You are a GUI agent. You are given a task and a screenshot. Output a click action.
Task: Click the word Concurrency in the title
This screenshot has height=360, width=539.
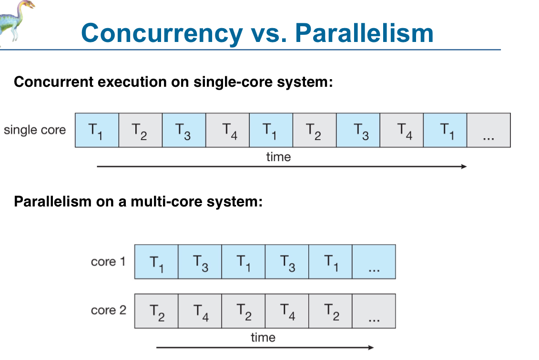(162, 33)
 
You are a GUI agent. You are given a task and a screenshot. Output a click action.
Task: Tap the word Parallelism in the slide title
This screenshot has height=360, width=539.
(365, 33)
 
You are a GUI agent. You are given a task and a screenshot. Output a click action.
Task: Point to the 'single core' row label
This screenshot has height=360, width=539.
(35, 130)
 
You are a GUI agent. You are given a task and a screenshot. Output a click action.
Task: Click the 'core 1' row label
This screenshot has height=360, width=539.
(108, 262)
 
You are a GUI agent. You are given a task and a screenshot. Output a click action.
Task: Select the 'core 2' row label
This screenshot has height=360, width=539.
(109, 310)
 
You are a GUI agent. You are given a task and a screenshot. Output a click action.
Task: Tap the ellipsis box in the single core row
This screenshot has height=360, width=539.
(488, 130)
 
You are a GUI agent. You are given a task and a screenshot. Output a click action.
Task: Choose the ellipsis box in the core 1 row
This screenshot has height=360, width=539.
(374, 262)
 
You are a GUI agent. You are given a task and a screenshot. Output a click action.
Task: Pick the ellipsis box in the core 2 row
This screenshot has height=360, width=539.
(374, 311)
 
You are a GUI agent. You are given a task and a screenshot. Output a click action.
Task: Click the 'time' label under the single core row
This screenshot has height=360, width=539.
(278, 157)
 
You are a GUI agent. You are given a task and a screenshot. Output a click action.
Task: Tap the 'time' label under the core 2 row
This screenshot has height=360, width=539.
(263, 337)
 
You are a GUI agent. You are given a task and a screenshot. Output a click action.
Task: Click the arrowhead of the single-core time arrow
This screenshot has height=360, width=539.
(464, 166)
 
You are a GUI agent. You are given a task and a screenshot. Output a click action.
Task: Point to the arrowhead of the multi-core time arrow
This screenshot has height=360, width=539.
(371, 347)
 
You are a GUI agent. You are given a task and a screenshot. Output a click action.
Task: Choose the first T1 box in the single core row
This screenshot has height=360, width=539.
(97, 130)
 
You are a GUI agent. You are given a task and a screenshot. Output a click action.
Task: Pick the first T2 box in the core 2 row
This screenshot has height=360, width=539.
(156, 311)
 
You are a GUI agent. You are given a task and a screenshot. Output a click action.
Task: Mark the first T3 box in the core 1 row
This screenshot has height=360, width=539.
(200, 262)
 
